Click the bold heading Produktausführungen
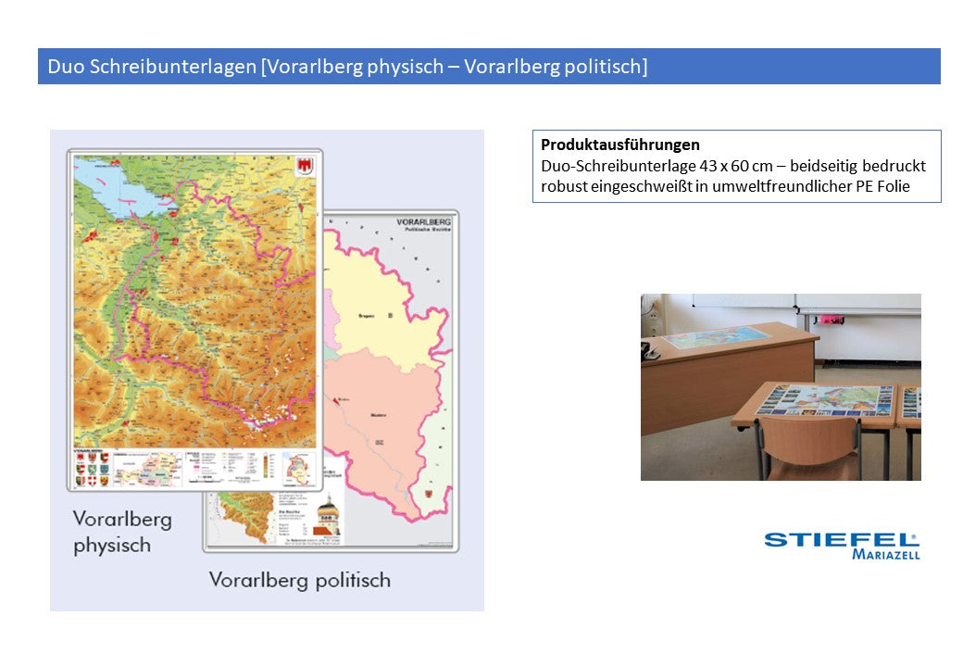tap(620, 145)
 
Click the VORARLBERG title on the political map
tap(423, 222)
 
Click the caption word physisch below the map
tap(112, 546)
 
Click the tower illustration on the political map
tap(327, 515)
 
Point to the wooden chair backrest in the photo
tap(807, 443)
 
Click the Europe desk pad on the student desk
tap(824, 400)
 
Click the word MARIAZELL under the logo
tap(885, 555)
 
